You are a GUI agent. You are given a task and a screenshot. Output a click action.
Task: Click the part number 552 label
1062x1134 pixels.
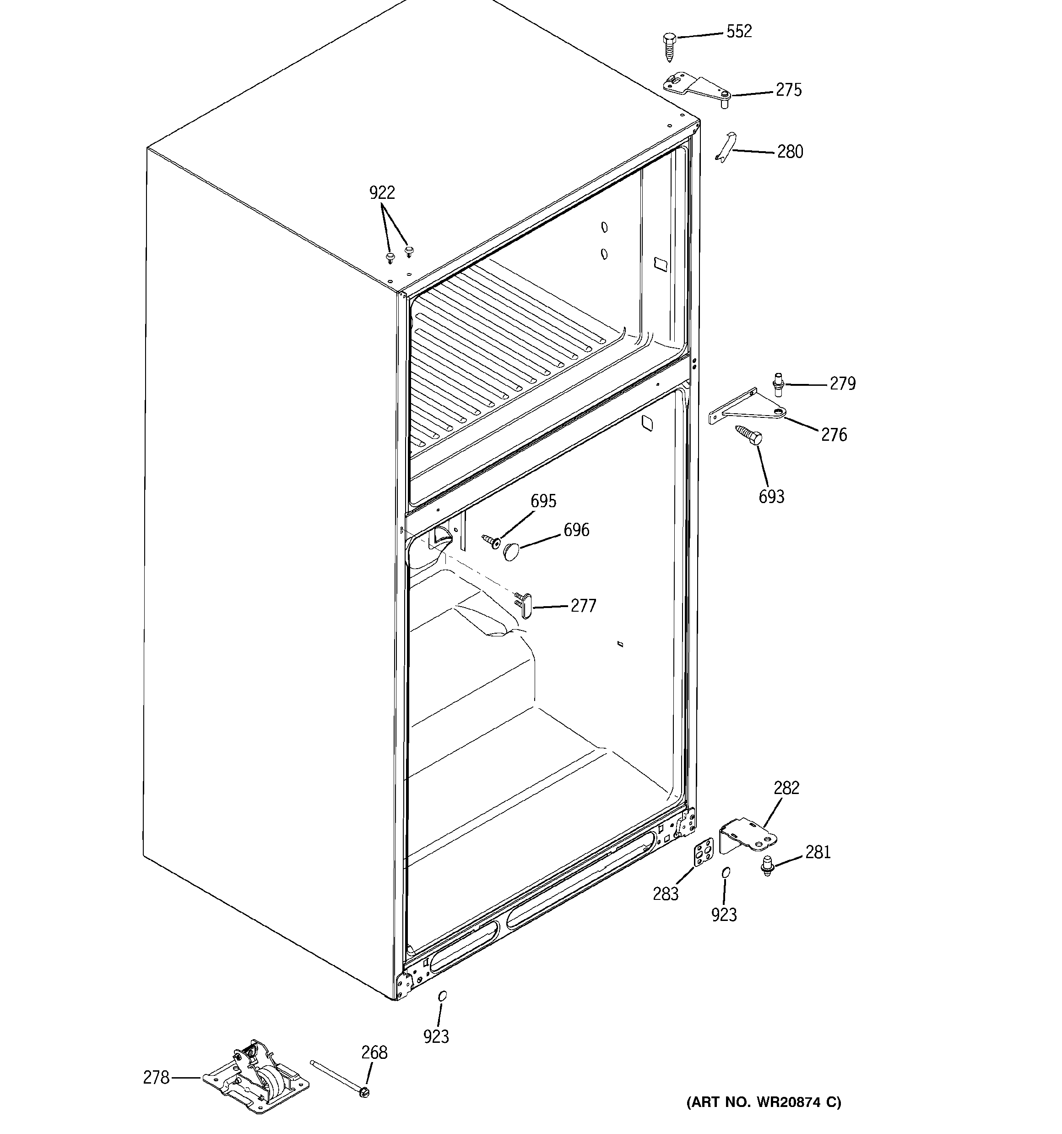click(739, 31)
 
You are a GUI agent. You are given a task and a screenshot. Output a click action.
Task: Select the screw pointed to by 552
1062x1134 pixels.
click(669, 47)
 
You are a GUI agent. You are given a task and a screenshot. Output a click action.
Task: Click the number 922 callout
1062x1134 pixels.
click(382, 193)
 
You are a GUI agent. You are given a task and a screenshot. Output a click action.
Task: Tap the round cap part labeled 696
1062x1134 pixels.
click(512, 551)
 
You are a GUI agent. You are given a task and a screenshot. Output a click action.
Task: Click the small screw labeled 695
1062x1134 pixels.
click(491, 540)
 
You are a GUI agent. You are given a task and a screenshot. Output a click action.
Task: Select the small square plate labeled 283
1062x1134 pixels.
click(704, 853)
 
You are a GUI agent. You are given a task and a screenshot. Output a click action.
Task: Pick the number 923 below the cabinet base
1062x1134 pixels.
click(436, 1036)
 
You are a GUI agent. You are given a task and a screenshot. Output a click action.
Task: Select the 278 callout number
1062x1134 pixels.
click(156, 1077)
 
